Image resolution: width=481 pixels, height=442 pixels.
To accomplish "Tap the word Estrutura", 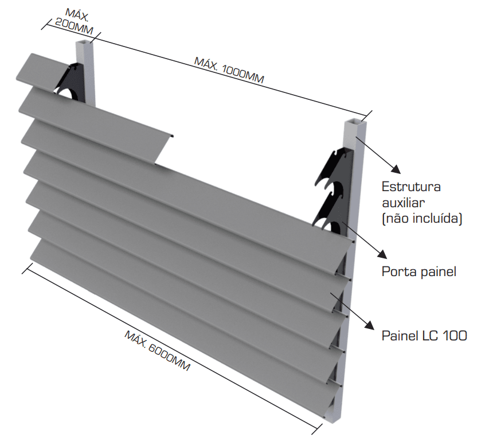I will point(411,188).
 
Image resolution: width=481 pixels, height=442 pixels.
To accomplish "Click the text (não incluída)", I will point(422,218).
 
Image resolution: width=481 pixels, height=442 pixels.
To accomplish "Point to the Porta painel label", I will point(419,272).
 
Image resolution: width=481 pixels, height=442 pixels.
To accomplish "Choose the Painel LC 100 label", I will point(424,336).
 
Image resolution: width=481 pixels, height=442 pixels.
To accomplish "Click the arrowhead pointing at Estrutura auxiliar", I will point(394,168).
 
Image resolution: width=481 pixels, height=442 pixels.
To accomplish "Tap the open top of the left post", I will point(84,44).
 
